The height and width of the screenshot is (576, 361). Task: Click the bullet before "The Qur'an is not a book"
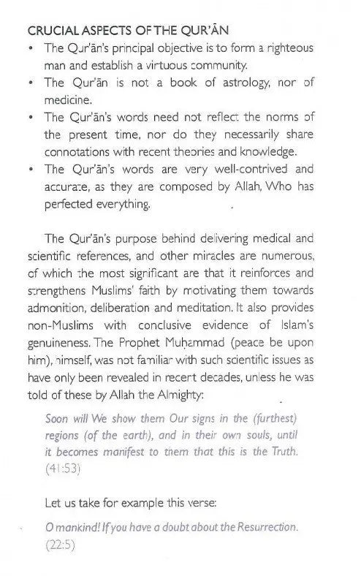click(x=28, y=83)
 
